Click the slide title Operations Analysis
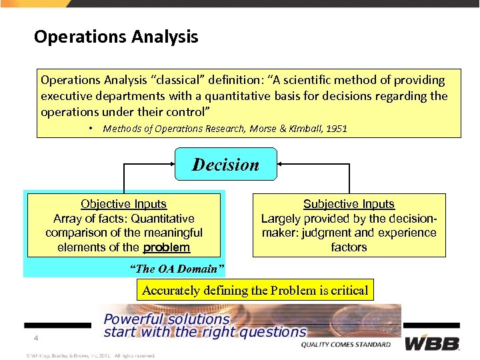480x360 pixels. pyautogui.click(x=116, y=36)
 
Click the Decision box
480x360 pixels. pyautogui.click(x=225, y=164)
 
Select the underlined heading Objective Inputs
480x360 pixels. pyautogui.click(x=123, y=204)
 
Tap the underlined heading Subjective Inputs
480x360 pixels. pyautogui.click(x=349, y=204)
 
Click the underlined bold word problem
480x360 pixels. pyautogui.click(x=167, y=247)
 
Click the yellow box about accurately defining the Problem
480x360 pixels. pyautogui.click(x=255, y=290)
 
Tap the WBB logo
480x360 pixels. pyautogui.click(x=433, y=343)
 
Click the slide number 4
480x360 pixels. pyautogui.click(x=37, y=339)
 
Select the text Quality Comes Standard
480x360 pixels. pyautogui.click(x=345, y=345)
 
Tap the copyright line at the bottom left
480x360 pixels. pyautogui.click(x=90, y=355)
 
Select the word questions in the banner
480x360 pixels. pyautogui.click(x=269, y=331)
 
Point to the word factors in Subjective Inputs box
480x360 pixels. pyautogui.click(x=349, y=247)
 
